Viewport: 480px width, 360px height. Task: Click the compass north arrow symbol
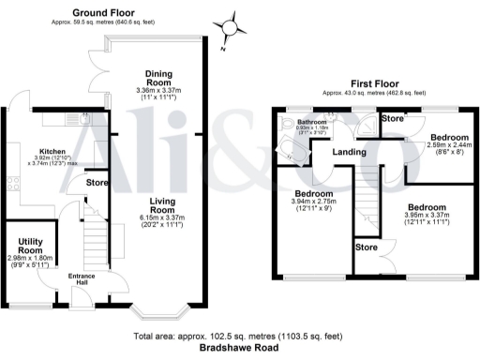point(230,25)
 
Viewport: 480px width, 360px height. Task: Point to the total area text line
point(239,336)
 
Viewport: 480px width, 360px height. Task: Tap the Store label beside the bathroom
point(393,119)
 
